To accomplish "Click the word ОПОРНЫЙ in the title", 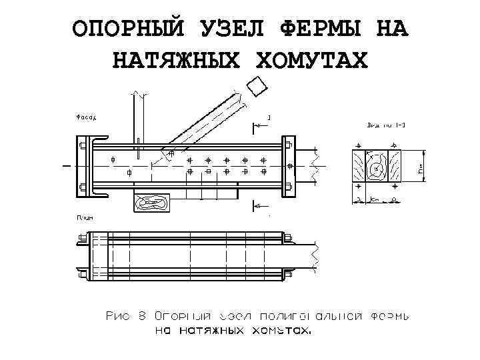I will click(x=127, y=30).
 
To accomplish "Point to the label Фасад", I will click(x=84, y=117).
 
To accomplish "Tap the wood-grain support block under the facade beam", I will click(x=152, y=202).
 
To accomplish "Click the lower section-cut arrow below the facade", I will click(x=256, y=207).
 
